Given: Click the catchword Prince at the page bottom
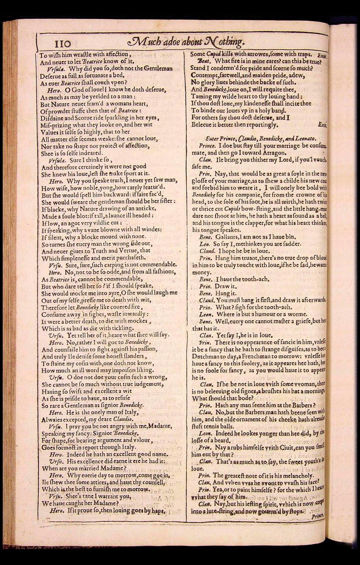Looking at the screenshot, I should click(317, 517).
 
